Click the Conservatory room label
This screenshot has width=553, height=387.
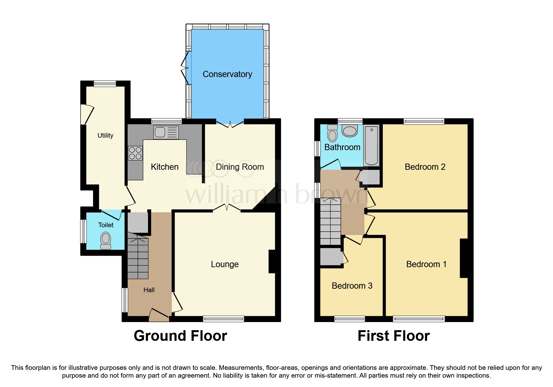pos(227,74)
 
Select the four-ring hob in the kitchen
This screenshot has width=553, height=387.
pos(135,153)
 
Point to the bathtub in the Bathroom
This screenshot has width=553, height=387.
pos(371,145)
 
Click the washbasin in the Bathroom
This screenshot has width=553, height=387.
pos(349,131)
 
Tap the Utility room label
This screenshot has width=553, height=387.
pos(105,135)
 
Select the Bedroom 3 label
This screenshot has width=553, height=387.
pos(352,286)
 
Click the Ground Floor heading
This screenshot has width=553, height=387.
pos(180,336)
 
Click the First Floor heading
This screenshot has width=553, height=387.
pos(393,336)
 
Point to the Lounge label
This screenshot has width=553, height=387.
pos(225,264)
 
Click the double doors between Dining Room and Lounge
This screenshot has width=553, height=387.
pos(227,208)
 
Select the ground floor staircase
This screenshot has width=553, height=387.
pos(138,257)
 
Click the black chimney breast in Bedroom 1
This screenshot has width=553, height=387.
pos(464,258)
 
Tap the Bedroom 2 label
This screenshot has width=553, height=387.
pos(425,167)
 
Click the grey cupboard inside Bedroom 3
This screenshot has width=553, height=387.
pos(331,257)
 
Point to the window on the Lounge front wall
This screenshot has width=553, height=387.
pos(223,319)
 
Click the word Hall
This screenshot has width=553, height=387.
pos(149,290)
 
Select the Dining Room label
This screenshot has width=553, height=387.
pos(240,167)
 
